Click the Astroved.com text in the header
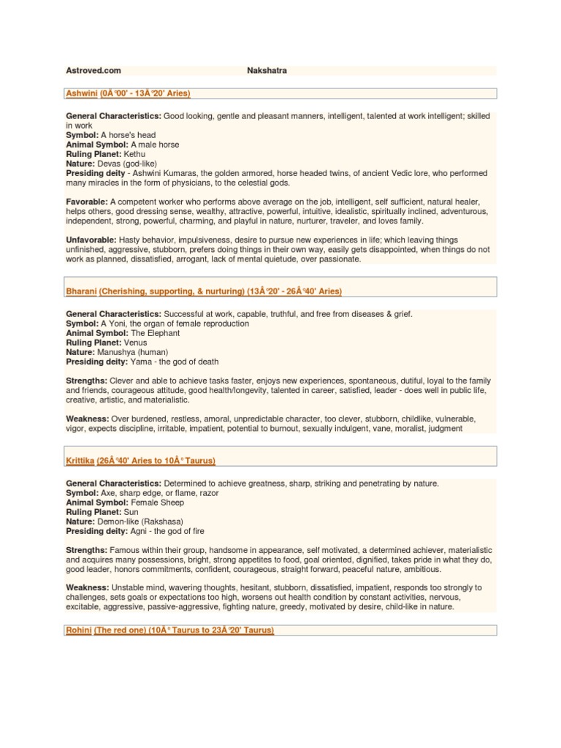[x=93, y=71]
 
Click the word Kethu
[x=135, y=155]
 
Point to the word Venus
[x=136, y=343]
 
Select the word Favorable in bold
[x=87, y=202]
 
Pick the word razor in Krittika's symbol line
[x=208, y=493]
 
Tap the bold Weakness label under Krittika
[x=87, y=587]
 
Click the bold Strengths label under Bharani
[x=87, y=381]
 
